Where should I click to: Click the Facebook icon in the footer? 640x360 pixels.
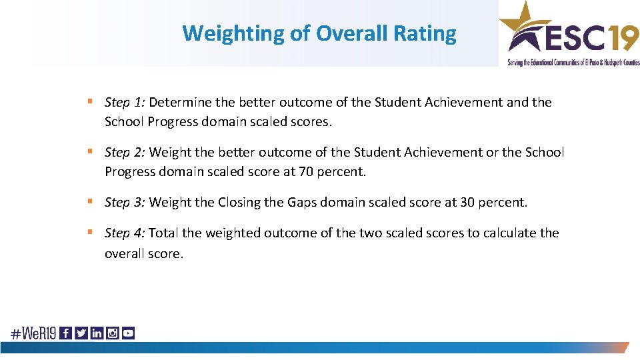(66, 333)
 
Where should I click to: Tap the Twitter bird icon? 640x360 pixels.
(81, 333)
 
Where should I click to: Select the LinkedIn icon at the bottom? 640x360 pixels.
(97, 333)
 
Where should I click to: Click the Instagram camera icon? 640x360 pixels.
(112, 333)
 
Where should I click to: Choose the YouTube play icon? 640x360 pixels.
(127, 333)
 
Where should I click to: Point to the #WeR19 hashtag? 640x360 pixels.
(33, 333)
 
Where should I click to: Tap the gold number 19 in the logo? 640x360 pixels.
(621, 37)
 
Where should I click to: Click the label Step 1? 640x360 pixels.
(125, 102)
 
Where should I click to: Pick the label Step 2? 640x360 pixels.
(125, 152)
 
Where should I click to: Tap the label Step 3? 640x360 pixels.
(125, 201)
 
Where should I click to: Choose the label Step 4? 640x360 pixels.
(125, 233)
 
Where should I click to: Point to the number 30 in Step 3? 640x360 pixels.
(468, 201)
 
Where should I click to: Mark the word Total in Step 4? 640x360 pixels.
(163, 233)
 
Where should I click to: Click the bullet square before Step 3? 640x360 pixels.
(89, 201)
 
